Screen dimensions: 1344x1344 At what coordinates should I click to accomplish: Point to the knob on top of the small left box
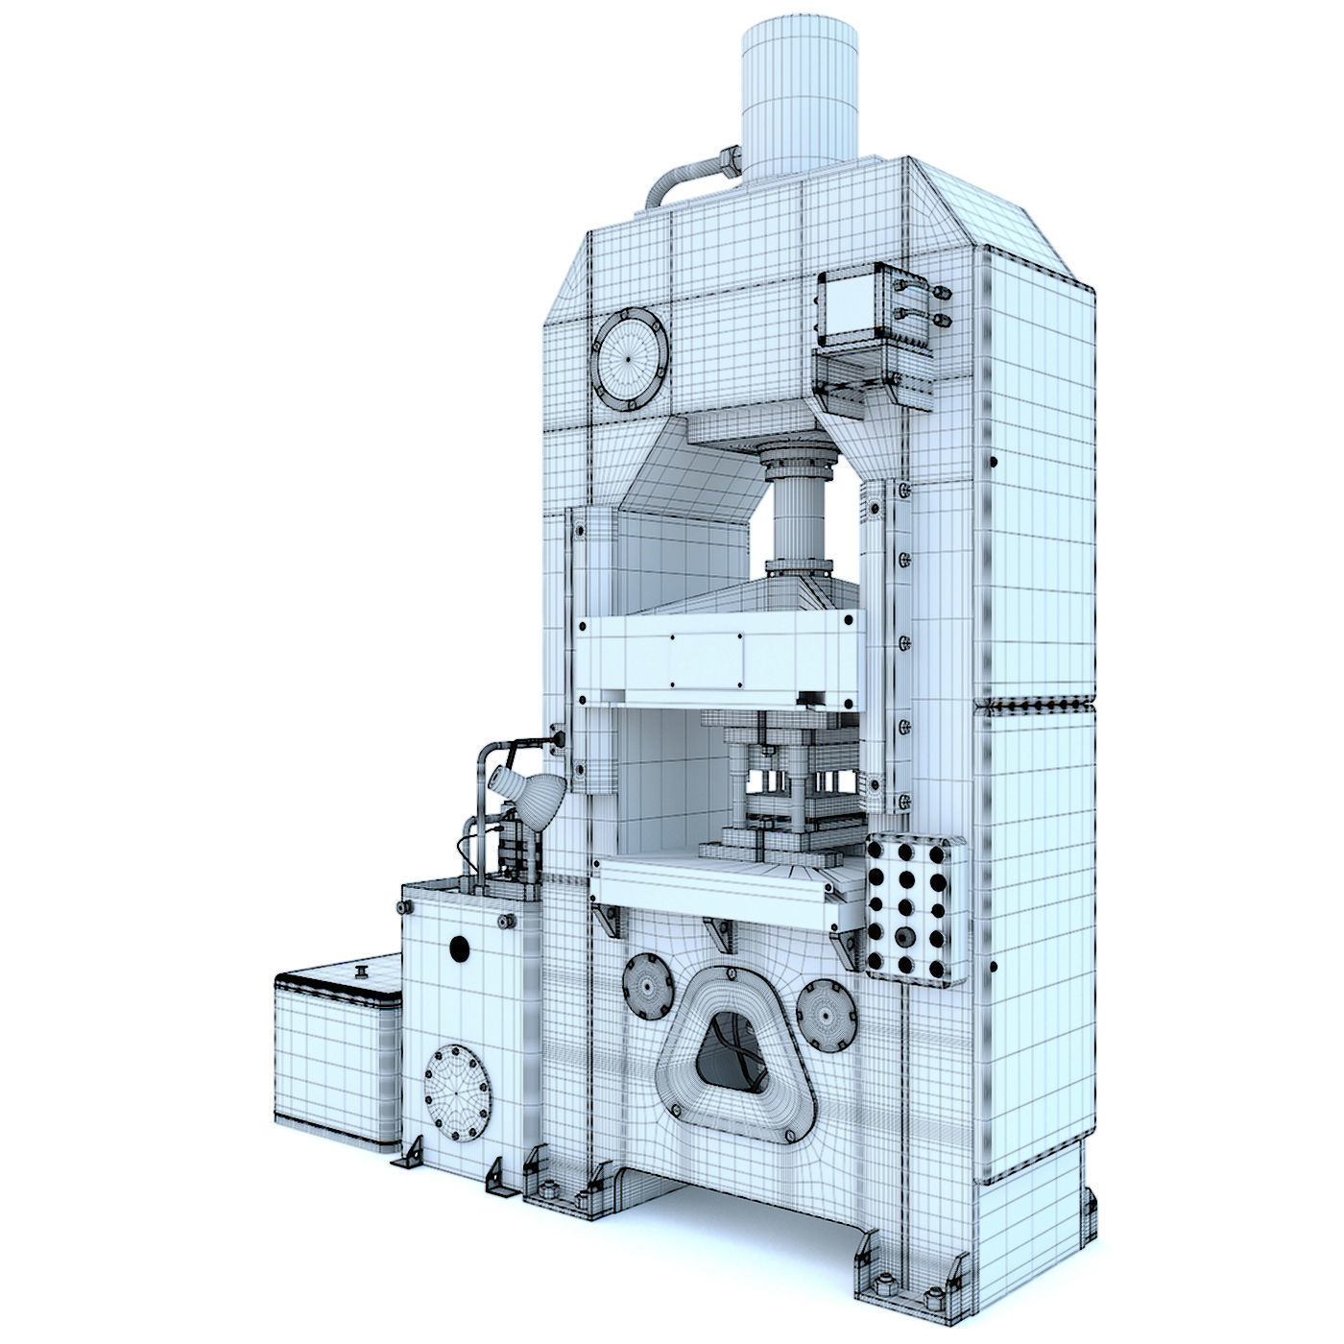coord(363,972)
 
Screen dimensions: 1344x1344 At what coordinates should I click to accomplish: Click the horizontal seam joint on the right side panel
coord(1035,706)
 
